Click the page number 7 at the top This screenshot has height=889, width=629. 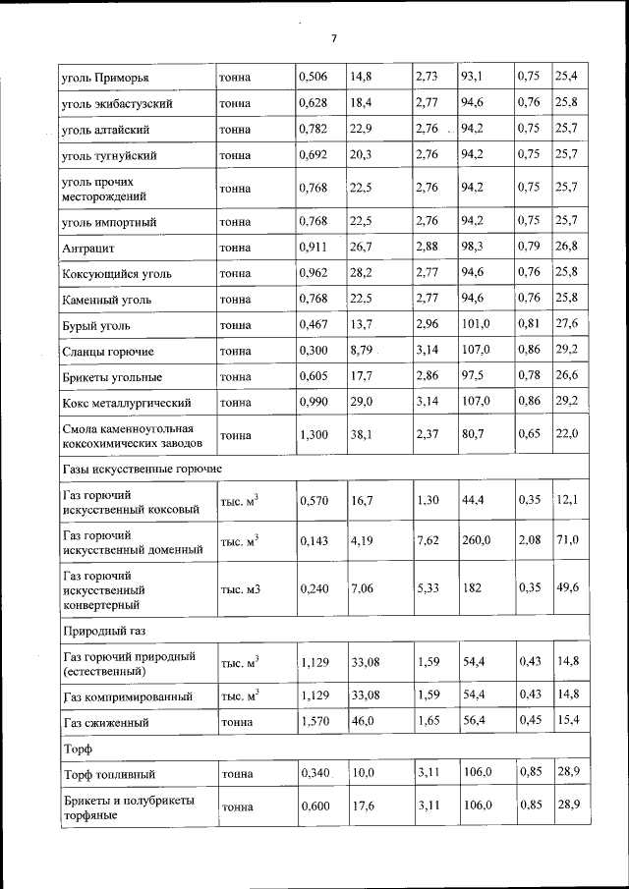333,39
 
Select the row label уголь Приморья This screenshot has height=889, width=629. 106,77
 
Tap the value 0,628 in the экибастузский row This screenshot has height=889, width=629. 314,102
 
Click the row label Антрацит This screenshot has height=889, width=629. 88,249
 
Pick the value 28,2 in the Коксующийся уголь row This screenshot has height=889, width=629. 362,273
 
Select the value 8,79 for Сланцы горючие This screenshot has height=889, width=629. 361,350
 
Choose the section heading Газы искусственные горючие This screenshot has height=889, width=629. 142,471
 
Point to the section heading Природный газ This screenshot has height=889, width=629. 103,626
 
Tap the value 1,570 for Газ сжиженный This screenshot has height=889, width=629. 314,722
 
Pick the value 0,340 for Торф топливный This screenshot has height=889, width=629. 314,774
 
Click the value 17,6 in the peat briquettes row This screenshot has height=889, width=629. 362,806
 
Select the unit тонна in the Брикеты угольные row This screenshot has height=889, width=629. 236,376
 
